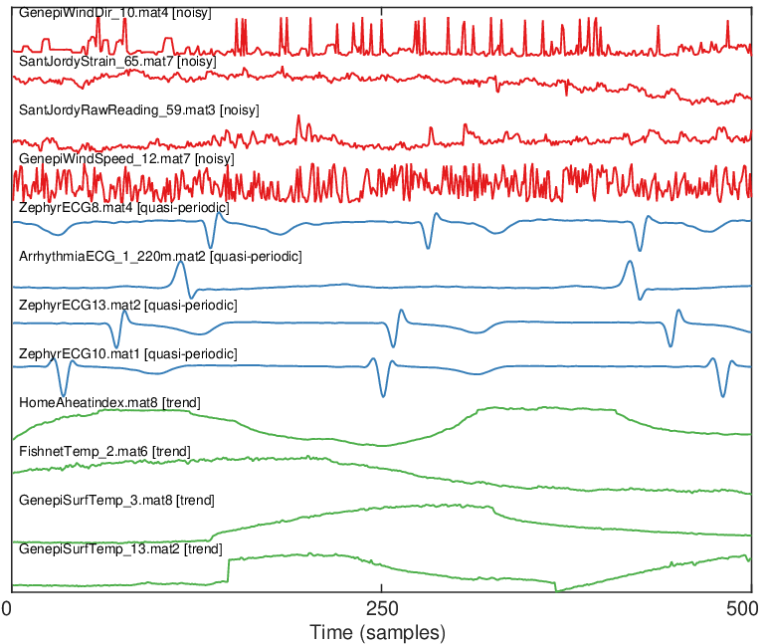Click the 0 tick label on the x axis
coord(6,609)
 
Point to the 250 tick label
coord(382,609)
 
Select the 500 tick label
coord(742,609)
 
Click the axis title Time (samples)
coord(378,633)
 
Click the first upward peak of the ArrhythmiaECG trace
coord(180,262)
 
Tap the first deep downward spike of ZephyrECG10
coord(63,395)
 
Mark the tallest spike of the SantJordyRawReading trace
coord(299,116)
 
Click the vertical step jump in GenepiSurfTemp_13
coord(228,570)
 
